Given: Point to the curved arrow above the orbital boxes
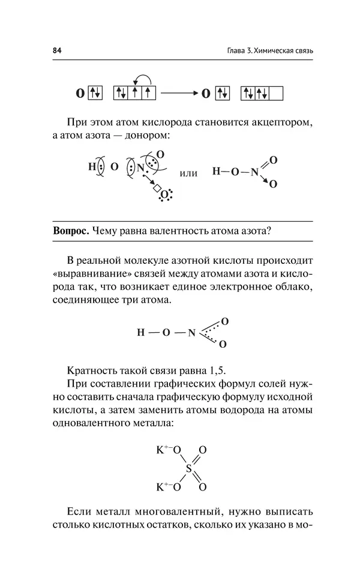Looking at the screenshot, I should click(x=142, y=79).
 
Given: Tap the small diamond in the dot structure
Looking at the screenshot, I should click(x=157, y=189).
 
